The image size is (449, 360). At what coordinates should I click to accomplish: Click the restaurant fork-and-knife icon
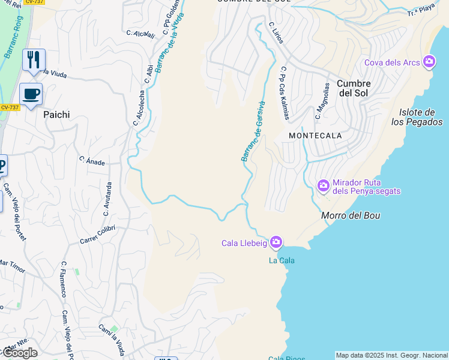34,60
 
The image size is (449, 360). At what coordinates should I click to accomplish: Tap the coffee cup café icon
31,94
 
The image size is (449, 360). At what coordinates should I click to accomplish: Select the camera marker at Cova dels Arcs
429,62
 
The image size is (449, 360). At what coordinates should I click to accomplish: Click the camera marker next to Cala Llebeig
276,242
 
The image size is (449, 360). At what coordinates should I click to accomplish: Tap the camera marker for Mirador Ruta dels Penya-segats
324,185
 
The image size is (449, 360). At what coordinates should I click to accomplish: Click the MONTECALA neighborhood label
315,136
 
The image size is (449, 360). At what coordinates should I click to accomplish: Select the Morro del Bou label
351,215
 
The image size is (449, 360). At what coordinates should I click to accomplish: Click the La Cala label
282,260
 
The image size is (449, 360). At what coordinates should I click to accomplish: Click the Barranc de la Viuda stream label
169,41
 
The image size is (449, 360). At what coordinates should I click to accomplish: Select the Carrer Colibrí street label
97,235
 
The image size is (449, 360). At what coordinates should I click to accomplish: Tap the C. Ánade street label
92,161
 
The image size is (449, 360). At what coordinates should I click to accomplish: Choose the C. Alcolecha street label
140,107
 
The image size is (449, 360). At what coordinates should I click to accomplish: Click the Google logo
20,353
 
